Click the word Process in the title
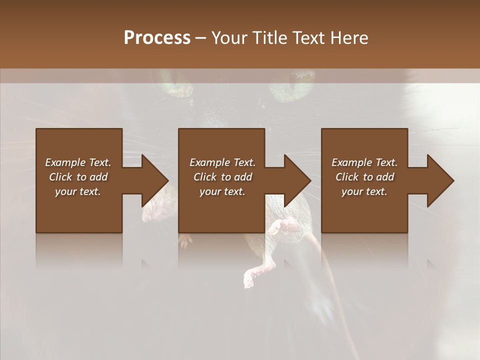(x=157, y=38)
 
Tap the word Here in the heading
(x=349, y=38)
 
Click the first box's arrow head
(x=155, y=180)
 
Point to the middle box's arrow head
(x=297, y=180)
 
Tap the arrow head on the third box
(x=440, y=180)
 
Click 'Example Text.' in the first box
(x=78, y=162)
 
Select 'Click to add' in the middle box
(x=222, y=177)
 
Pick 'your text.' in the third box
(x=364, y=191)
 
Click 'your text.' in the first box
(x=78, y=191)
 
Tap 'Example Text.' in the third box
(x=364, y=162)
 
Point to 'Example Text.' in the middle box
(x=222, y=162)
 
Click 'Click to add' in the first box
(x=78, y=177)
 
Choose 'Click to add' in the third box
(x=364, y=177)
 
